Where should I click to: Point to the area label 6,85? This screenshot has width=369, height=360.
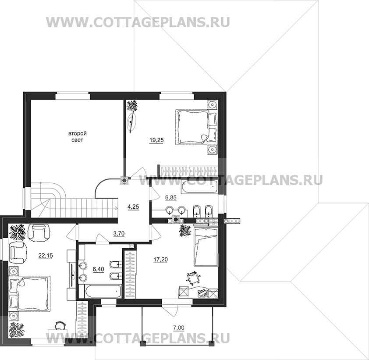tap(170, 198)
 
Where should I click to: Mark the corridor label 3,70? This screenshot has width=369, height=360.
tap(119, 234)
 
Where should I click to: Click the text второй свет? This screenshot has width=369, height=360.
tap(77, 136)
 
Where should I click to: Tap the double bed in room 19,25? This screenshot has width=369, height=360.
tap(193, 127)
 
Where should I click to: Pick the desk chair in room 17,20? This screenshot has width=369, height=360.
tap(193, 277)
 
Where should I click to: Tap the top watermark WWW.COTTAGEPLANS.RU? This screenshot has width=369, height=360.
tap(138, 22)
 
